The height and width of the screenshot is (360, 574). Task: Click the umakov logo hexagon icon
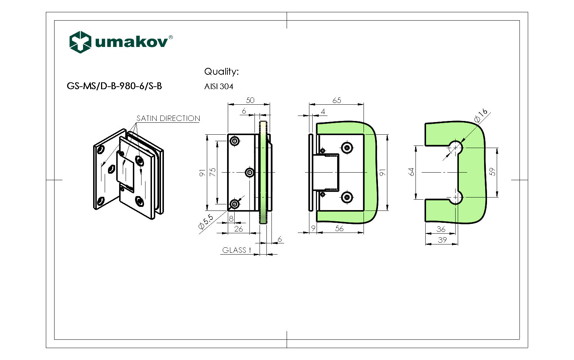pyautogui.click(x=80, y=42)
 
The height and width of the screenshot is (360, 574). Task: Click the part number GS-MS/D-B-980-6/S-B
pyautogui.click(x=114, y=86)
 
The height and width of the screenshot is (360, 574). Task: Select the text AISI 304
pyautogui.click(x=219, y=87)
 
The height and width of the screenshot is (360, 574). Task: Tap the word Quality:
pyautogui.click(x=221, y=71)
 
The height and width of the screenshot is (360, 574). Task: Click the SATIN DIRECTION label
pyautogui.click(x=168, y=118)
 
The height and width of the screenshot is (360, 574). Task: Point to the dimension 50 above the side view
pyautogui.click(x=250, y=100)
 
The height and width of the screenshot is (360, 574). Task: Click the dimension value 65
pyautogui.click(x=336, y=100)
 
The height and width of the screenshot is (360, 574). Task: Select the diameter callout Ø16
pyautogui.click(x=481, y=115)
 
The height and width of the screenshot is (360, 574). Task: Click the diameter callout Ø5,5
pyautogui.click(x=206, y=222)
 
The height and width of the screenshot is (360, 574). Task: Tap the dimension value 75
pyautogui.click(x=213, y=172)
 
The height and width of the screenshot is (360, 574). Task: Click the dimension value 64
pyautogui.click(x=411, y=172)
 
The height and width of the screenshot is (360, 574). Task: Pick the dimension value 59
pyautogui.click(x=492, y=172)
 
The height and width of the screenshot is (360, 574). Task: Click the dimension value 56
pyautogui.click(x=339, y=229)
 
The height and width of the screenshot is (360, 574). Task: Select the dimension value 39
pyautogui.click(x=442, y=240)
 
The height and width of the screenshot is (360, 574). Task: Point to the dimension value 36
pyautogui.click(x=441, y=229)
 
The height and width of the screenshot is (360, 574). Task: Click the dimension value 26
pyautogui.click(x=239, y=229)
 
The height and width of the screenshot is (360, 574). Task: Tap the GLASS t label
pyautogui.click(x=236, y=250)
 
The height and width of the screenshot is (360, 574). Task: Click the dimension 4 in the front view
pyautogui.click(x=323, y=112)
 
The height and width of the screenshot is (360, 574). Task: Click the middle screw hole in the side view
pyautogui.click(x=249, y=173)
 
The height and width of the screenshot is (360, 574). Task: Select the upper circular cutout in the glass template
pyautogui.click(x=456, y=147)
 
